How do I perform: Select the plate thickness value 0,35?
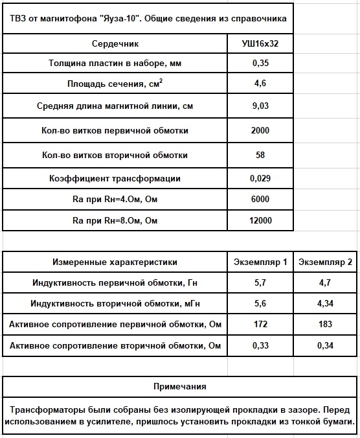click(260, 63)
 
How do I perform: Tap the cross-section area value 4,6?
click(260, 84)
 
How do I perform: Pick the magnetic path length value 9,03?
click(260, 106)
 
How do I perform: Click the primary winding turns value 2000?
click(260, 130)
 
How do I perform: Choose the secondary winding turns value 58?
click(260, 155)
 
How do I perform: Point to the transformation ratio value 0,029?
click(260, 178)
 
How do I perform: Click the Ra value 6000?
click(260, 199)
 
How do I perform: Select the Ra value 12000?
click(260, 220)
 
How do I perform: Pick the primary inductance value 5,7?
click(260, 282)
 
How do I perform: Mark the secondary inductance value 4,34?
click(324, 303)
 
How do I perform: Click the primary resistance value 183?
click(324, 323)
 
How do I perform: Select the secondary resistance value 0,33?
click(260, 345)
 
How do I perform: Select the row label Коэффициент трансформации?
click(115, 178)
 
